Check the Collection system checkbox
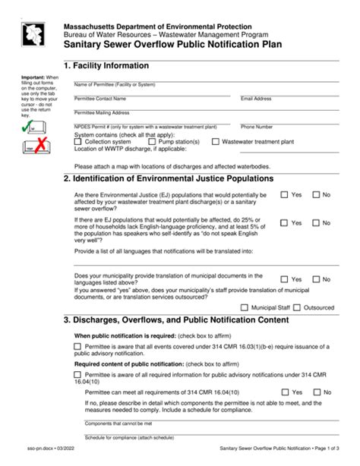click(79, 141)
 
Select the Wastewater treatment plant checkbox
click(216, 141)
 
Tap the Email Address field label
click(256, 99)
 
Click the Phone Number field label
click(257, 127)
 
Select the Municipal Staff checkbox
click(243, 307)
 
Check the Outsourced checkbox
click(296, 307)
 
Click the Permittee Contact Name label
click(105, 99)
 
